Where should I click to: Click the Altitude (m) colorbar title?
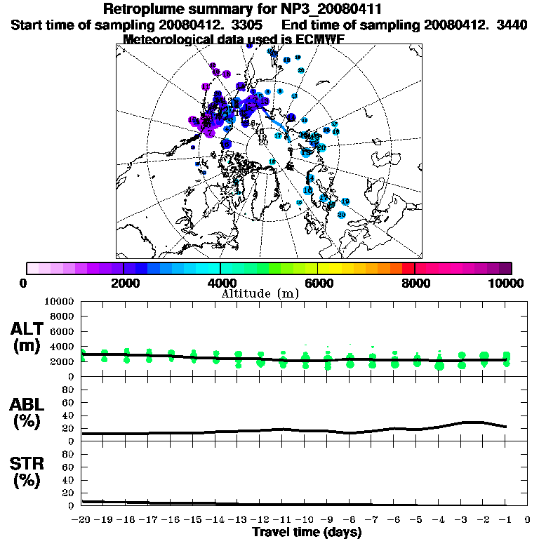[x=260, y=293]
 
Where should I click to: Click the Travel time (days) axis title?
[x=307, y=533]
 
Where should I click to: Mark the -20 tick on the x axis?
[x=81, y=520]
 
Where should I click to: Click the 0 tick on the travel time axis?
[x=528, y=520]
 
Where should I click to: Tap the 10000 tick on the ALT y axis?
[x=59, y=301]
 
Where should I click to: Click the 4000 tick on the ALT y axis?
[x=62, y=347]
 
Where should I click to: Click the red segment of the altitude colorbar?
[x=408, y=267]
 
